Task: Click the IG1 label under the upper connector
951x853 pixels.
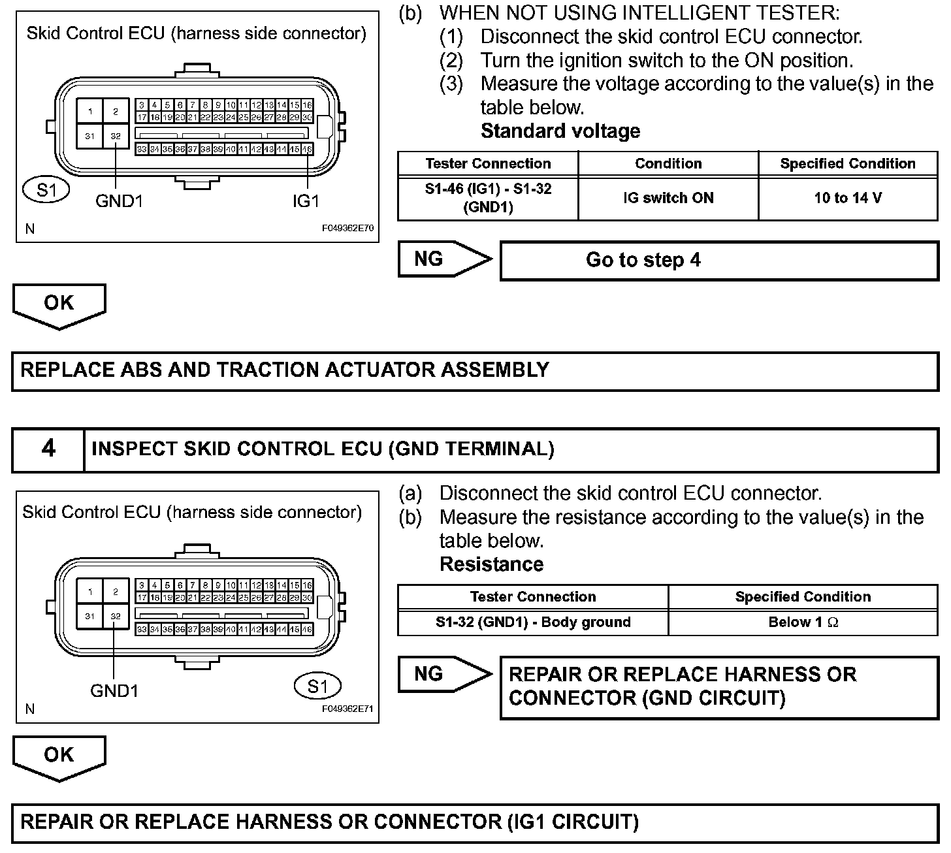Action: point(306,201)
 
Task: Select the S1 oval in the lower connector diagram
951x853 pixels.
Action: point(317,686)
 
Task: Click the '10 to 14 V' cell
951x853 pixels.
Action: point(848,198)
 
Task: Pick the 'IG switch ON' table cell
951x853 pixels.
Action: point(668,198)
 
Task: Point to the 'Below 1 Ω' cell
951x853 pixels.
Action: point(803,622)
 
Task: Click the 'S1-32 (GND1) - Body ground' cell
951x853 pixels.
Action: point(533,622)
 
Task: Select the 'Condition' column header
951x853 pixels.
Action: point(668,163)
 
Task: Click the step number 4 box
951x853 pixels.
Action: point(48,449)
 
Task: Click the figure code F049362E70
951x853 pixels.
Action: point(347,229)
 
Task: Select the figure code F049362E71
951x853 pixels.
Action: point(347,709)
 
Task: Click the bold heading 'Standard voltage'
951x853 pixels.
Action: point(560,131)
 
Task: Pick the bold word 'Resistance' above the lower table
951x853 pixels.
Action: point(491,564)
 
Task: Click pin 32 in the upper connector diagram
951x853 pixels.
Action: point(116,137)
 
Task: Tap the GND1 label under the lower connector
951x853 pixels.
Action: point(114,691)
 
